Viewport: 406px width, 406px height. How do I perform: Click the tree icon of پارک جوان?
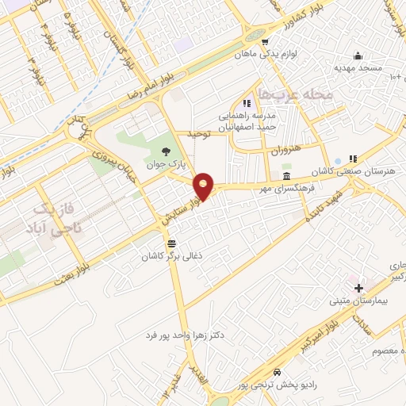click(x=165, y=151)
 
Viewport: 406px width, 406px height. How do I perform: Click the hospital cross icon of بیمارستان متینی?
click(x=358, y=287)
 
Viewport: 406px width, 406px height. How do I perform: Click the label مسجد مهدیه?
click(x=358, y=69)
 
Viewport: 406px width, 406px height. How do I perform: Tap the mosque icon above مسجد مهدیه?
click(x=358, y=56)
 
